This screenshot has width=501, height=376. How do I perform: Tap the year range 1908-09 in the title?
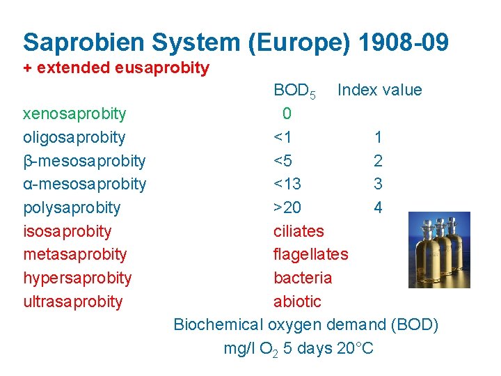(x=404, y=42)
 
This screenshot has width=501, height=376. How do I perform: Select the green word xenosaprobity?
(x=74, y=113)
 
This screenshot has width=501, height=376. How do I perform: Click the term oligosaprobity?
(x=74, y=137)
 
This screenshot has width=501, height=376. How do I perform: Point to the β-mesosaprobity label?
(x=84, y=161)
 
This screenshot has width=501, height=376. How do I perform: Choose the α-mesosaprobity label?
(x=84, y=184)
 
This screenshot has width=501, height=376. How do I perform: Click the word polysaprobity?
(x=72, y=207)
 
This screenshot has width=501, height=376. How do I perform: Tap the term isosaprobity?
(x=67, y=231)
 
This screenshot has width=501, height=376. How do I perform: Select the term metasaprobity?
(x=74, y=254)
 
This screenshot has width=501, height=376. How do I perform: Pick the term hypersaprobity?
(x=77, y=278)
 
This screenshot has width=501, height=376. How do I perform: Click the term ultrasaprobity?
(x=72, y=301)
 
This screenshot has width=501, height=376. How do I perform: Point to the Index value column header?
(x=379, y=90)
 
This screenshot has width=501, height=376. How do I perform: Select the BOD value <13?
(x=287, y=184)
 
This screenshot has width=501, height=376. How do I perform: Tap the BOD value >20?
(x=287, y=207)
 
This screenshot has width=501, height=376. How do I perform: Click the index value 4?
(x=378, y=207)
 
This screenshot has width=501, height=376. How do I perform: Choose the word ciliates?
(x=299, y=231)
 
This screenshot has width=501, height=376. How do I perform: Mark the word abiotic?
(x=297, y=301)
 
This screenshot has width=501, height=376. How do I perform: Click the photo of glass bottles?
(x=438, y=250)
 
